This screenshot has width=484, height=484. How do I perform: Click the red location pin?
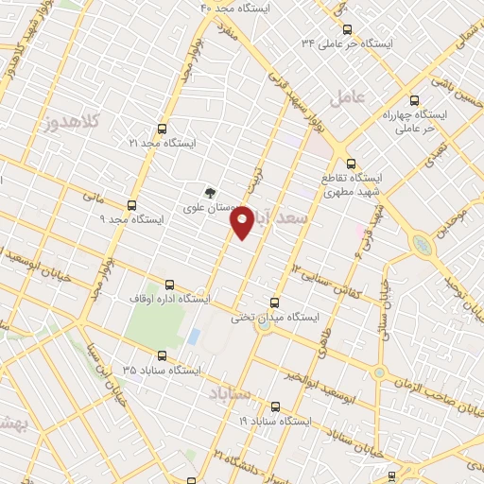(x=243, y=220)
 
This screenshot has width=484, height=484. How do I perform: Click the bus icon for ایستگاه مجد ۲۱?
(x=163, y=129)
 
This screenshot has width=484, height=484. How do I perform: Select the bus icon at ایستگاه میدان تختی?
(x=275, y=303)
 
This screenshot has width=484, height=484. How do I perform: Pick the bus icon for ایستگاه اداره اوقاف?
(x=170, y=284)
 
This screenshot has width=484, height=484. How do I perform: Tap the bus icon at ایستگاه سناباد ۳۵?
(x=162, y=356)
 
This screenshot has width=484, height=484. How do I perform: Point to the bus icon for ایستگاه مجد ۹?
(x=130, y=204)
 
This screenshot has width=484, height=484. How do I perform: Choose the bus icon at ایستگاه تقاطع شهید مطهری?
(x=351, y=163)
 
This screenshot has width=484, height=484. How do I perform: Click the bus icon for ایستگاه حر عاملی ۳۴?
(x=347, y=29)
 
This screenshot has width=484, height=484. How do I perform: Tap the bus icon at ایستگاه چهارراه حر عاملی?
(x=413, y=98)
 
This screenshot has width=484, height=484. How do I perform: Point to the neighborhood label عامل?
(x=346, y=96)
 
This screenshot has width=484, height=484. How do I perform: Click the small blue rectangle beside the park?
(x=194, y=336)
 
